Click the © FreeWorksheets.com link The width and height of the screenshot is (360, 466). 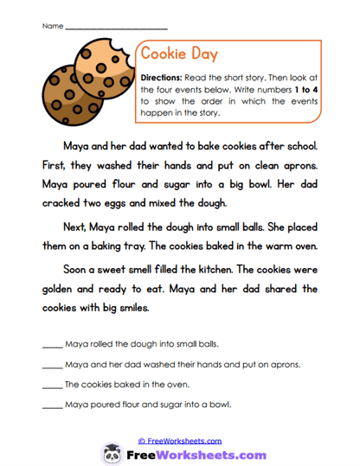click(180, 440)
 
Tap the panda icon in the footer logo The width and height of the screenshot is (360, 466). click(111, 453)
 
